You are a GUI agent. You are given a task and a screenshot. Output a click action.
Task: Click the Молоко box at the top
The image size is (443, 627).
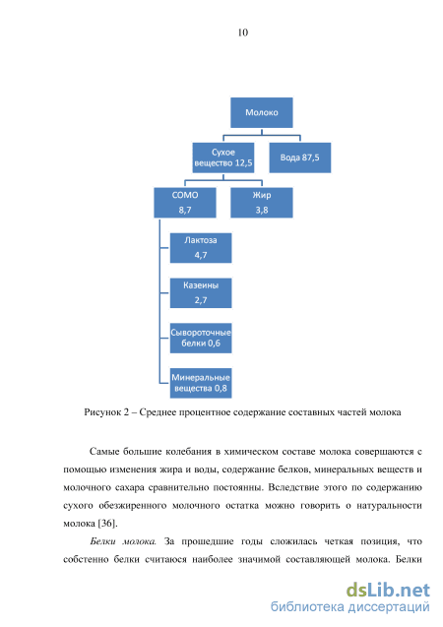point(262,113)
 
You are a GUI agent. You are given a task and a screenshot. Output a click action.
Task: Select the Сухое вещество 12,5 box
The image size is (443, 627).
point(223,157)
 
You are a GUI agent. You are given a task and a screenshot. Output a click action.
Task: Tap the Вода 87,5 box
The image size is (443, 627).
point(300,157)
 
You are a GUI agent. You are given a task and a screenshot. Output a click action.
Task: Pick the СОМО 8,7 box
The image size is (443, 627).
point(185,203)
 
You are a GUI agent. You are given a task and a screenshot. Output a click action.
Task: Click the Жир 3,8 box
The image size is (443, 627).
point(262,203)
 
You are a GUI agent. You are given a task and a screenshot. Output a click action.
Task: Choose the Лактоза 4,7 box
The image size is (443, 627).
point(201,248)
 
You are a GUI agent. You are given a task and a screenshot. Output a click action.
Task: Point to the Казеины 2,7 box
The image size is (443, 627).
point(201,293)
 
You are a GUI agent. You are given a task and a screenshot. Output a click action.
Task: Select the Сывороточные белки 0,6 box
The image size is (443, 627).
point(201,339)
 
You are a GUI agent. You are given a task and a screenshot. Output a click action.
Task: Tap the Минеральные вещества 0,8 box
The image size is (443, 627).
point(201,383)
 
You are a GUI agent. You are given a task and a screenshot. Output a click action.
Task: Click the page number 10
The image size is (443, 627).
point(243,32)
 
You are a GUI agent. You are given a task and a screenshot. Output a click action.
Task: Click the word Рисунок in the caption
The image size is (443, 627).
point(101,412)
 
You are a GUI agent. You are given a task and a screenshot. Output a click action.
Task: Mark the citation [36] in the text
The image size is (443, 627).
point(107,524)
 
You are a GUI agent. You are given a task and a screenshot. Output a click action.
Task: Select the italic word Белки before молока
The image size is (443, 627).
point(103,541)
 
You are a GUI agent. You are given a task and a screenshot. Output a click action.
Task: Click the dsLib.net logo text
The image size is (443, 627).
point(388,591)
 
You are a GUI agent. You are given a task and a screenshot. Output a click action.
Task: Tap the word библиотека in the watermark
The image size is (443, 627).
point(307,607)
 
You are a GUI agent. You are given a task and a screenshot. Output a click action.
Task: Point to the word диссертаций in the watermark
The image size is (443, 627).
point(389,608)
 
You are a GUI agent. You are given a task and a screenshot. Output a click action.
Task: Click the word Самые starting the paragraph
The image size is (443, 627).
point(103,452)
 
